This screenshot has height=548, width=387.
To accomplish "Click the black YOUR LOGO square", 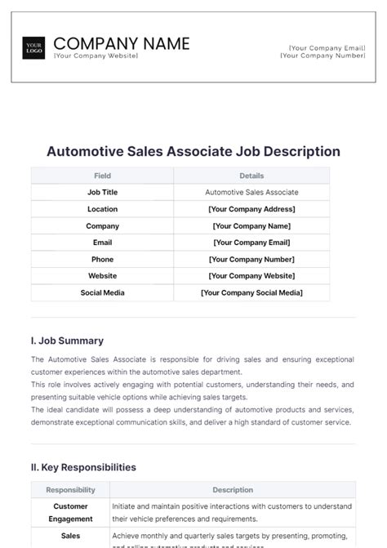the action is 34,47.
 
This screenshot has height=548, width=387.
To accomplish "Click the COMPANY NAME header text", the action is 122,43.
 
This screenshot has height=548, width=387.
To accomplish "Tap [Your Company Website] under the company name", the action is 96,56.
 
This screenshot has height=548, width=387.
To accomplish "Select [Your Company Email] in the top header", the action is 326,48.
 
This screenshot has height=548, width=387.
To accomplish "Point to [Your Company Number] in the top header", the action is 323,56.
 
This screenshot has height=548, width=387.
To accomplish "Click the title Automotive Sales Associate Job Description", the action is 193,152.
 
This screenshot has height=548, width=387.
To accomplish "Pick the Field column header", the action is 102,176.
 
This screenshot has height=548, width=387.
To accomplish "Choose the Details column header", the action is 251,176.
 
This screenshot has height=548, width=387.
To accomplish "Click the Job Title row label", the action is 102,193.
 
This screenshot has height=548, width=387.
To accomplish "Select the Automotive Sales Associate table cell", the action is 251,193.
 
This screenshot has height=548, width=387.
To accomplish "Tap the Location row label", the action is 102,209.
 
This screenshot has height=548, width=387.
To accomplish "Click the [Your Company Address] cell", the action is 251,209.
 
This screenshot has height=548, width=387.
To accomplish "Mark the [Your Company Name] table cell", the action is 251,226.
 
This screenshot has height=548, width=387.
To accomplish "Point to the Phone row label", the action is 102,259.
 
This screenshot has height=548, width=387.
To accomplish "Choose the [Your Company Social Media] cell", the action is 251,292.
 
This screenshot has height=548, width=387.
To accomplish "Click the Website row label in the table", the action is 102,276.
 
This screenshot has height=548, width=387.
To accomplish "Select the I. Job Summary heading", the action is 67,341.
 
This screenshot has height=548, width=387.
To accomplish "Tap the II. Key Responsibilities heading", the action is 83,467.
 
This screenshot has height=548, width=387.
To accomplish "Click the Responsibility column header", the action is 70,490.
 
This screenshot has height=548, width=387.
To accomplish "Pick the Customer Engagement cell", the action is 70,512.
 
